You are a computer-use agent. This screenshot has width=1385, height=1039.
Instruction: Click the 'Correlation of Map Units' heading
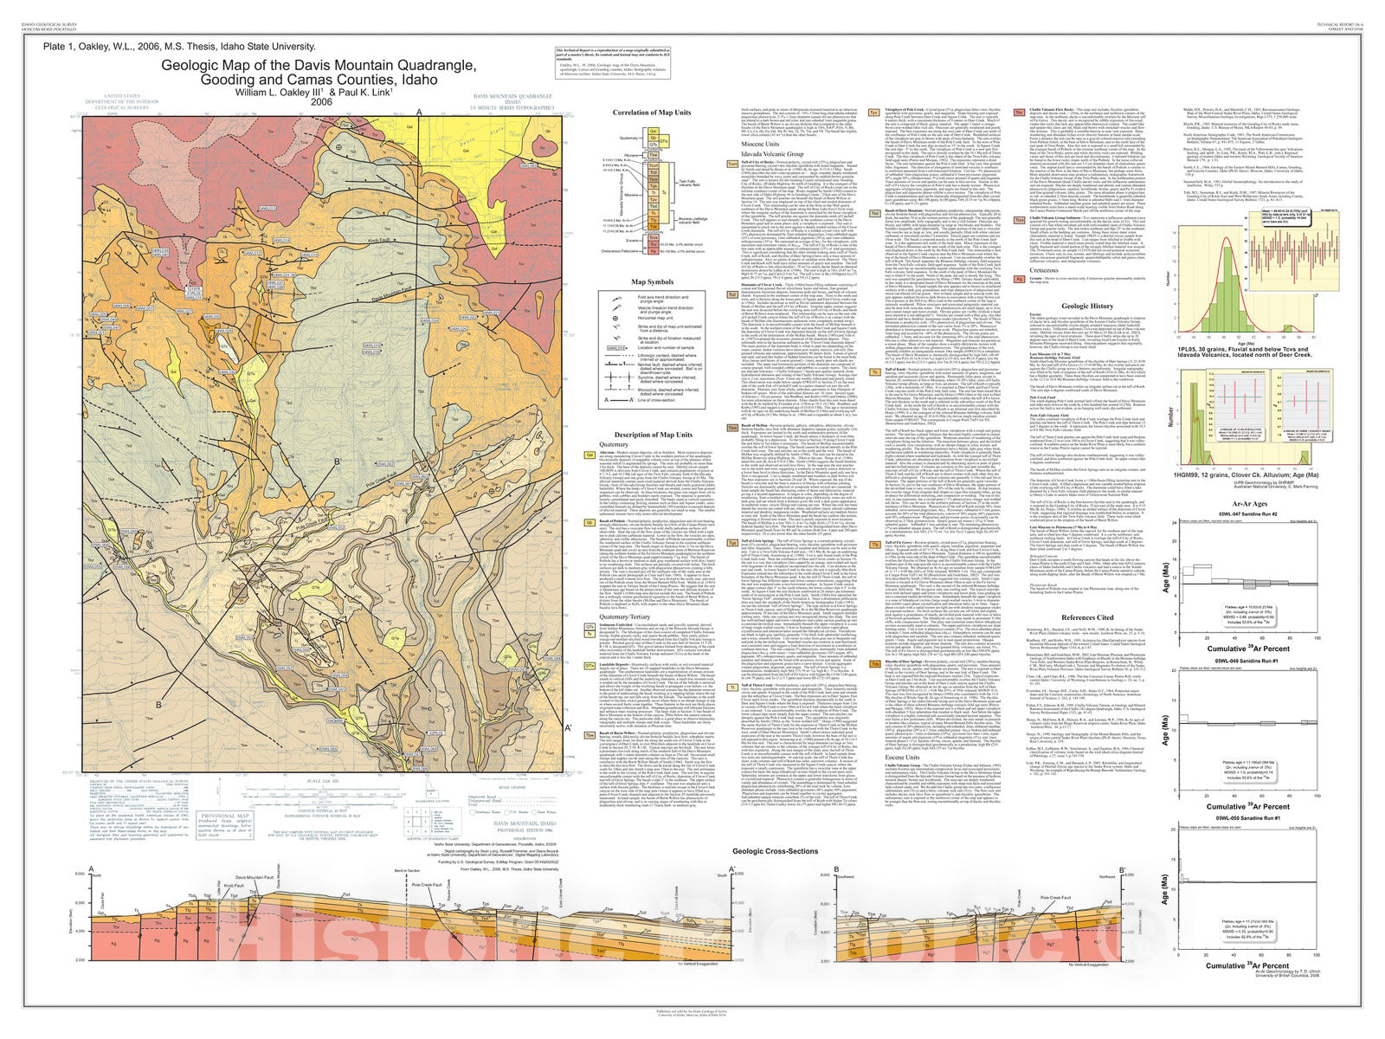pyautogui.click(x=652, y=113)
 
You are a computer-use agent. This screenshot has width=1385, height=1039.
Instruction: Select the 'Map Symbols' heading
pyautogui.click(x=652, y=281)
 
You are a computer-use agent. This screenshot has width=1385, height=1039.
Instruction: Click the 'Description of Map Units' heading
pyautogui.click(x=653, y=435)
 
